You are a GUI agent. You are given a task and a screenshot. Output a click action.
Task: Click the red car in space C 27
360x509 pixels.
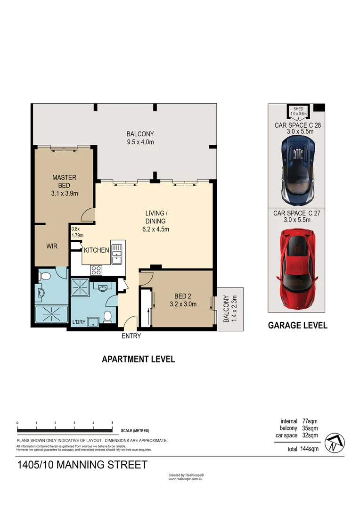298,267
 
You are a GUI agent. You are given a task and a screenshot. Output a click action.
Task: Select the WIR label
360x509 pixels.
52,246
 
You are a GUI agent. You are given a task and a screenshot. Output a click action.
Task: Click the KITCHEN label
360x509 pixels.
97,250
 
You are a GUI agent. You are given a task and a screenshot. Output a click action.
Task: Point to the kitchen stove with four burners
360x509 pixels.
97,270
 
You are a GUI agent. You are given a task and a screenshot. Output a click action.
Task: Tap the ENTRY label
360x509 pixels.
131,336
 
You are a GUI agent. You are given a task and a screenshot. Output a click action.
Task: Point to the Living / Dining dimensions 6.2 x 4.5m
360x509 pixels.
156,230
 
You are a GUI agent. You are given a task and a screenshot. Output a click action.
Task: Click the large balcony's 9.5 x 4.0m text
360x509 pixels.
140,142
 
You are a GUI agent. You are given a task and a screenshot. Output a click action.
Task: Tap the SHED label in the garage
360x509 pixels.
298,109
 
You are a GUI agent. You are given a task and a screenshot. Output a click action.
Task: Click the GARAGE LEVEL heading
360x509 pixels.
297,325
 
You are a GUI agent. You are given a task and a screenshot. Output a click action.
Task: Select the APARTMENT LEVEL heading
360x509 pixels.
139,359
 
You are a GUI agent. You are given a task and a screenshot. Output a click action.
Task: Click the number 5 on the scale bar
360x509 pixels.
112,423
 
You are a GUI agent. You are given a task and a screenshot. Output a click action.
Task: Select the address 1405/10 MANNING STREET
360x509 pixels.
82,465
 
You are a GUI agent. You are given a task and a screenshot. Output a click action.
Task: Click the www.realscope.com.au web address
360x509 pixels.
186,479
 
